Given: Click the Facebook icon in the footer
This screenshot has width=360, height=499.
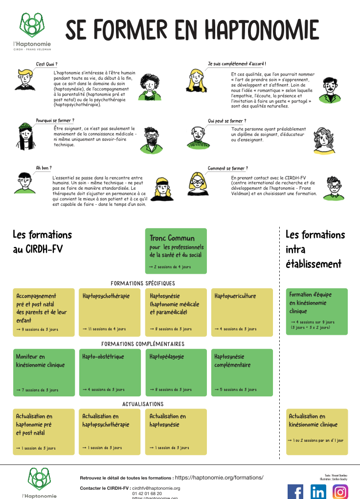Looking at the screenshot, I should point(295,491).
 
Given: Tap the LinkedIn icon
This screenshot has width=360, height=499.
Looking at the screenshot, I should point(318,491).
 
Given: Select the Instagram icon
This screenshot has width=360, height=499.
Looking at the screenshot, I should point(340,491).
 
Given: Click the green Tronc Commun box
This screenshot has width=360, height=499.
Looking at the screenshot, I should point(176,250).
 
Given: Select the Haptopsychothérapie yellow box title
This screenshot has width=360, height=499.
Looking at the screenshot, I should point(106,296).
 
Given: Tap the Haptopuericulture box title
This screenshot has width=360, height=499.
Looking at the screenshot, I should point(235,296).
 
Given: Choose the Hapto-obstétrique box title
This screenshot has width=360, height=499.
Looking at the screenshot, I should point(103,357).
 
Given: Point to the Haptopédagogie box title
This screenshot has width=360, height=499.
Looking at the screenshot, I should point(167,357).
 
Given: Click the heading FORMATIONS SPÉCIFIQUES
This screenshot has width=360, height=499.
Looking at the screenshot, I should point(143,283).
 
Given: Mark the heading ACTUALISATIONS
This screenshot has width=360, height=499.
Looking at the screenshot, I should point(143,404).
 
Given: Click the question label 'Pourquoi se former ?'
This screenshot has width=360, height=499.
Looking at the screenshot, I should point(55,120).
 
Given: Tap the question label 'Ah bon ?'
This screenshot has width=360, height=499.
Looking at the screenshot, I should point(44,168).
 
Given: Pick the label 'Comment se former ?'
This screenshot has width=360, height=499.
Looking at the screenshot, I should point(227,169).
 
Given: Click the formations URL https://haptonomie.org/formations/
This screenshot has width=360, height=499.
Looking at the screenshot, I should point(219,477).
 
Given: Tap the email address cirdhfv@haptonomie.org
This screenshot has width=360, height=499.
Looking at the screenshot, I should point(156,488).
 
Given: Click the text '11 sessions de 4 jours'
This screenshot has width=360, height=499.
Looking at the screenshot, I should point(104,329).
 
